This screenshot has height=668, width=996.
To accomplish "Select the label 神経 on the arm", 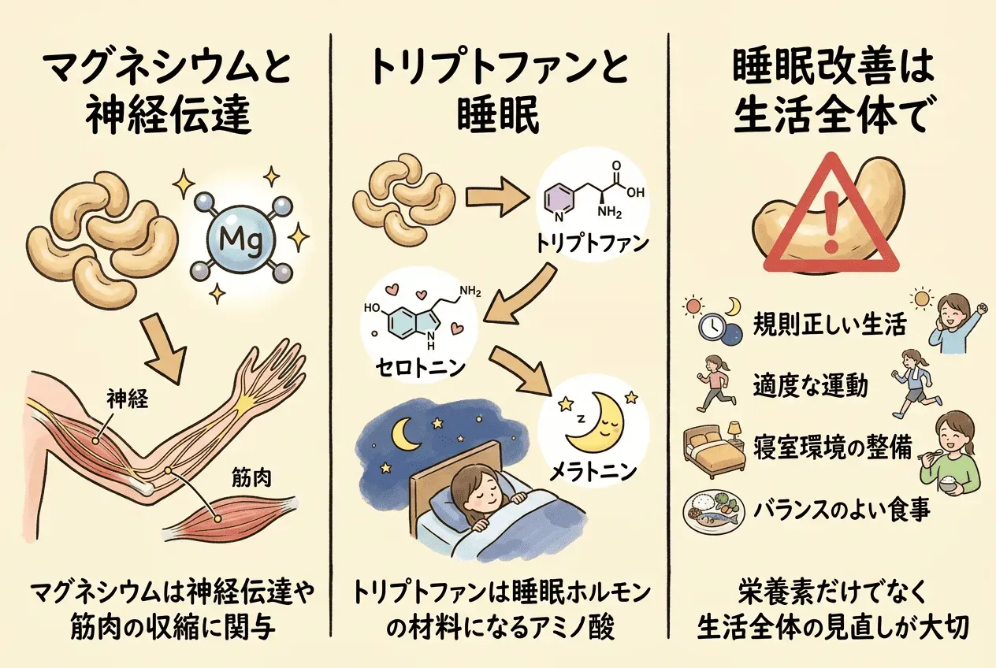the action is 128,399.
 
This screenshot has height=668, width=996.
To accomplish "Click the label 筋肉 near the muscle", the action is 251,479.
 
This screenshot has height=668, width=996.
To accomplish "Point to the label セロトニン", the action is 420,368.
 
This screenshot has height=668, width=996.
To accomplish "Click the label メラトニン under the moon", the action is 593,473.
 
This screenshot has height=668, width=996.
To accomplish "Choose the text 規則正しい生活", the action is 829,325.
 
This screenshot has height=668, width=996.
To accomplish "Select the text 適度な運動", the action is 810,385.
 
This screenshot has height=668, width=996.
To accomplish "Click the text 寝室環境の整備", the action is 832,447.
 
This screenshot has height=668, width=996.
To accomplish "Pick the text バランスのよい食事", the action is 842,510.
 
